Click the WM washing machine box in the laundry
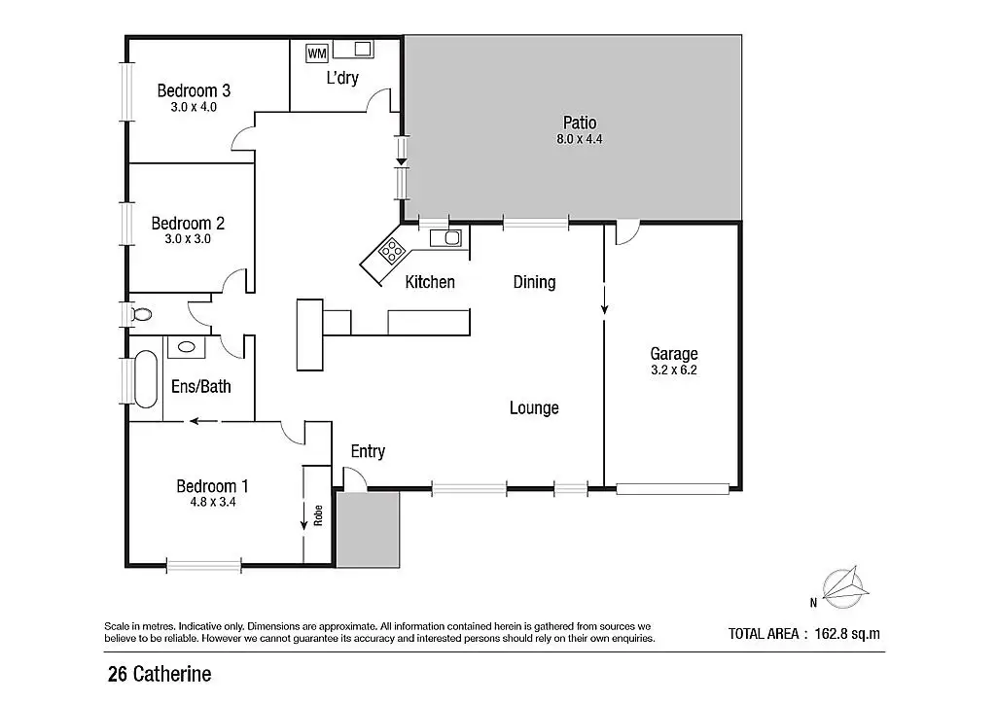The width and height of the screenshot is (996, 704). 317,53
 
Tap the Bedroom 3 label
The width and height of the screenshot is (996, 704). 194,90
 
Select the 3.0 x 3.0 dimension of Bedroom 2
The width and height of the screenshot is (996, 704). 181,238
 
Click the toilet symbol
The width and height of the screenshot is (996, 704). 141,314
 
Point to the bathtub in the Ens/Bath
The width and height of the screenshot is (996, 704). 145,379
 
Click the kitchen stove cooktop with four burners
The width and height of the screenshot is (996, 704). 392,252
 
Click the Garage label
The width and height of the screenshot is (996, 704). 674,354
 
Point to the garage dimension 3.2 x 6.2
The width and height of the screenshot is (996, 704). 674,370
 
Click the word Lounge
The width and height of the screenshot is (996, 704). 534,408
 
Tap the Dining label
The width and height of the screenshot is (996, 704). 534,282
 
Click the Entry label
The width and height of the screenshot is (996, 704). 368,451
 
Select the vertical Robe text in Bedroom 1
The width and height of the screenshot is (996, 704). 317,514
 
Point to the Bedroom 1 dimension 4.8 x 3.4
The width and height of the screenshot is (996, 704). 205,503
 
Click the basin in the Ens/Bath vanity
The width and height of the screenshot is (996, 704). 184,345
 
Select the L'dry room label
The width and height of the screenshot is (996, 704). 341,78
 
